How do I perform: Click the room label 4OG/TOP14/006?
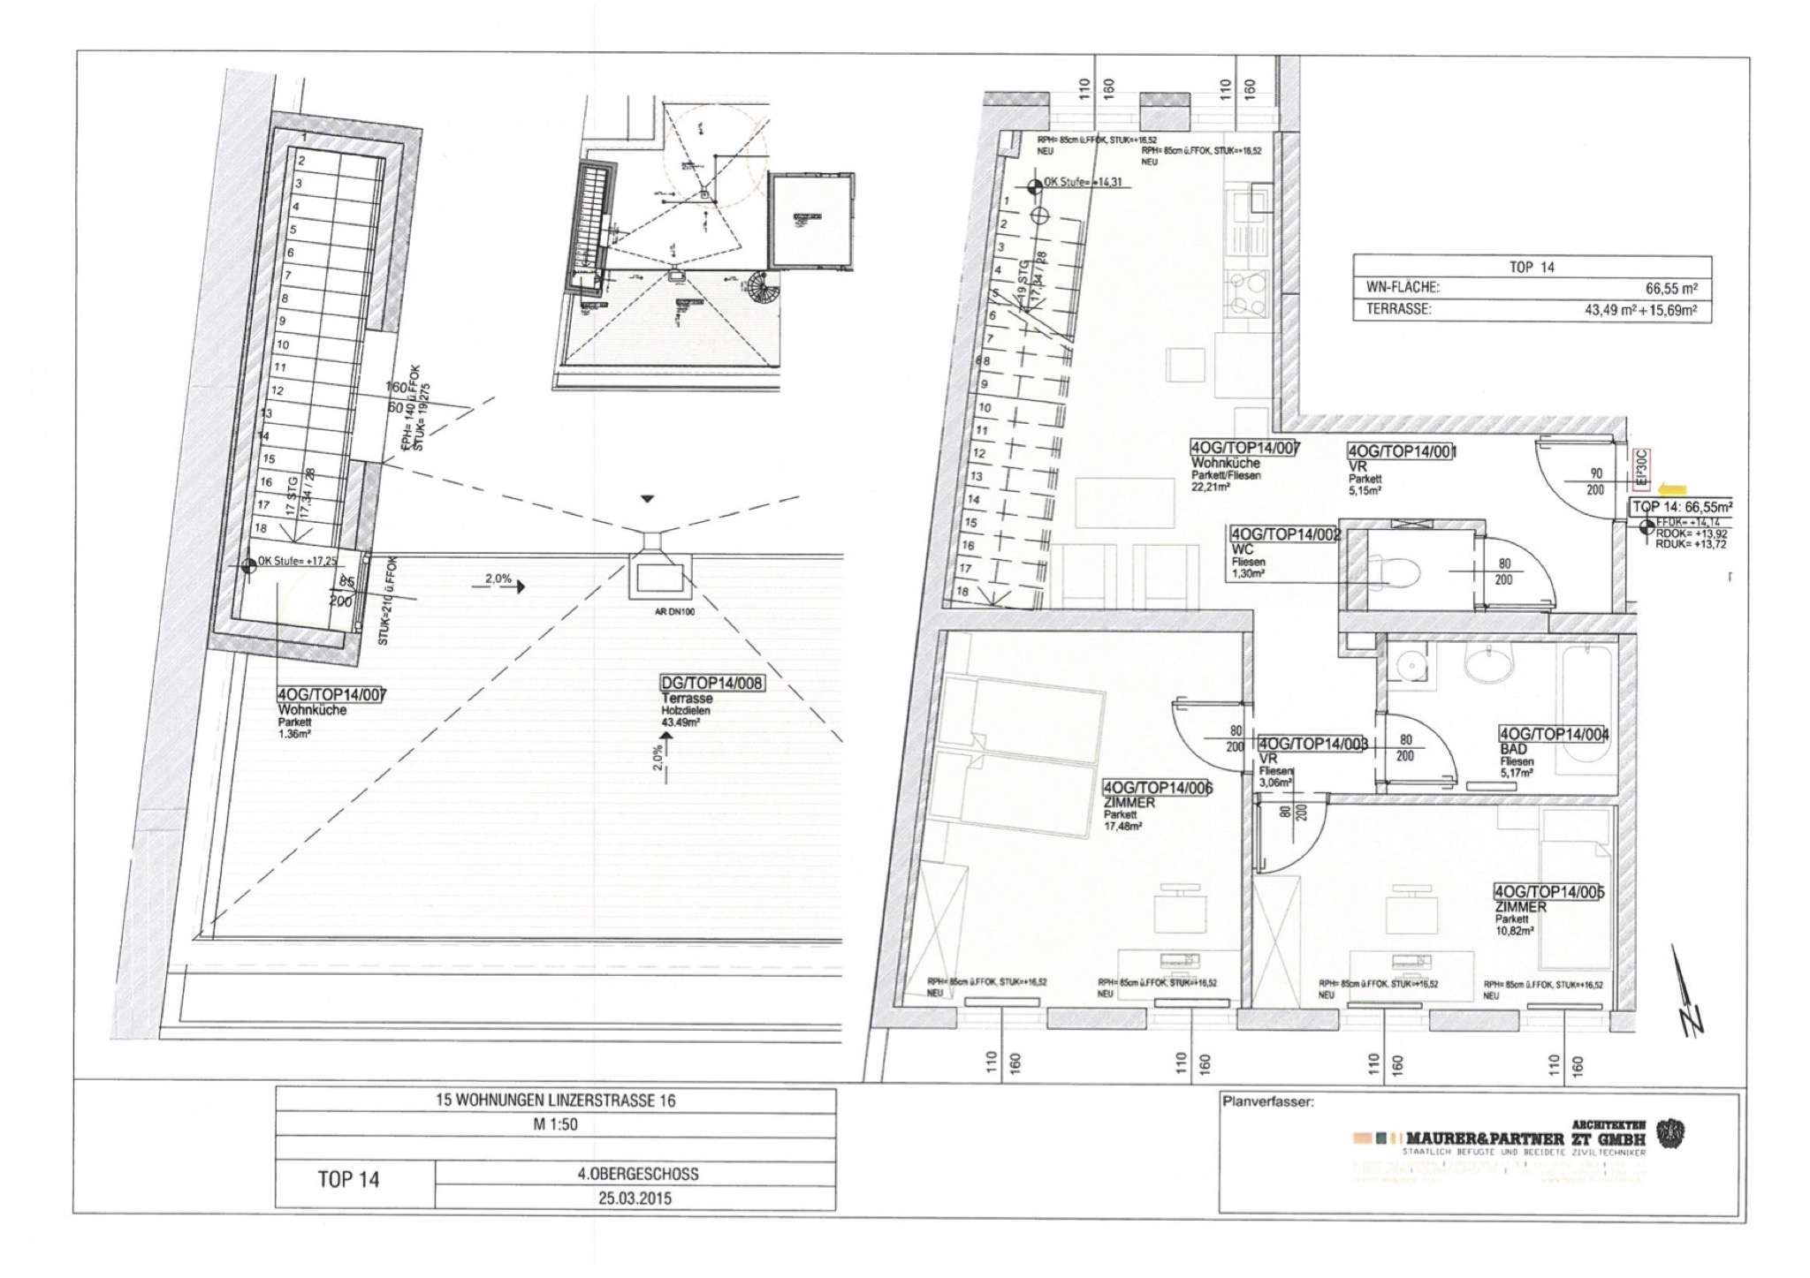(1157, 788)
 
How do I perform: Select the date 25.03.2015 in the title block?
(635, 1199)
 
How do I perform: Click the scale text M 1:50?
(555, 1124)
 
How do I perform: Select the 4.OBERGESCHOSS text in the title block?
(636, 1174)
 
